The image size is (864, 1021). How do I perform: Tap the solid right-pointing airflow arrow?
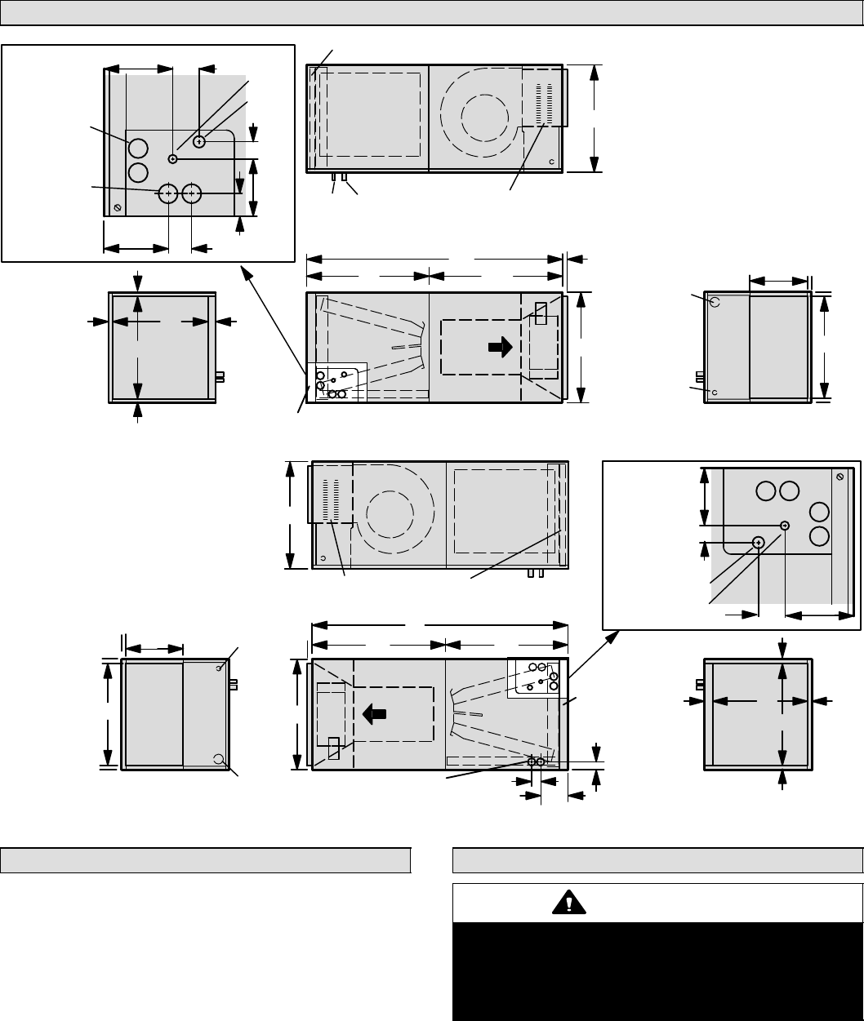pos(500,347)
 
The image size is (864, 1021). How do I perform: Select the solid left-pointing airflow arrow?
pos(374,712)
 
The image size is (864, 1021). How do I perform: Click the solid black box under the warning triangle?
pos(657,970)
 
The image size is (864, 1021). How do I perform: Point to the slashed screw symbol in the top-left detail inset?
pos(118,208)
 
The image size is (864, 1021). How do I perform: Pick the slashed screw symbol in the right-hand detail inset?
pos(840,476)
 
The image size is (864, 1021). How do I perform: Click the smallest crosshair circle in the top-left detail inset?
pos(173,158)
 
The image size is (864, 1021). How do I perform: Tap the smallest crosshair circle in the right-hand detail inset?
pos(785,526)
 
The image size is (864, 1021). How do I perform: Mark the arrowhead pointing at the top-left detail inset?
pos(246,270)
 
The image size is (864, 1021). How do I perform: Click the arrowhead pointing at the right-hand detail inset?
pos(614,637)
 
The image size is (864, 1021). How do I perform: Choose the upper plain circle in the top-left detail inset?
pos(138,148)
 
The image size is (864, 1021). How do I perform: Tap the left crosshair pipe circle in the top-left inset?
pos(168,193)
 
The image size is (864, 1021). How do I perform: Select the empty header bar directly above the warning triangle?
pos(658,860)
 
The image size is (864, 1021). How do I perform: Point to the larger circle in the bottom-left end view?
pos(219,759)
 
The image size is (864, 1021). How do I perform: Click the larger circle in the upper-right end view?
pos(715,301)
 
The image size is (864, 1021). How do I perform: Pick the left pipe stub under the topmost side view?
pos(335,176)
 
